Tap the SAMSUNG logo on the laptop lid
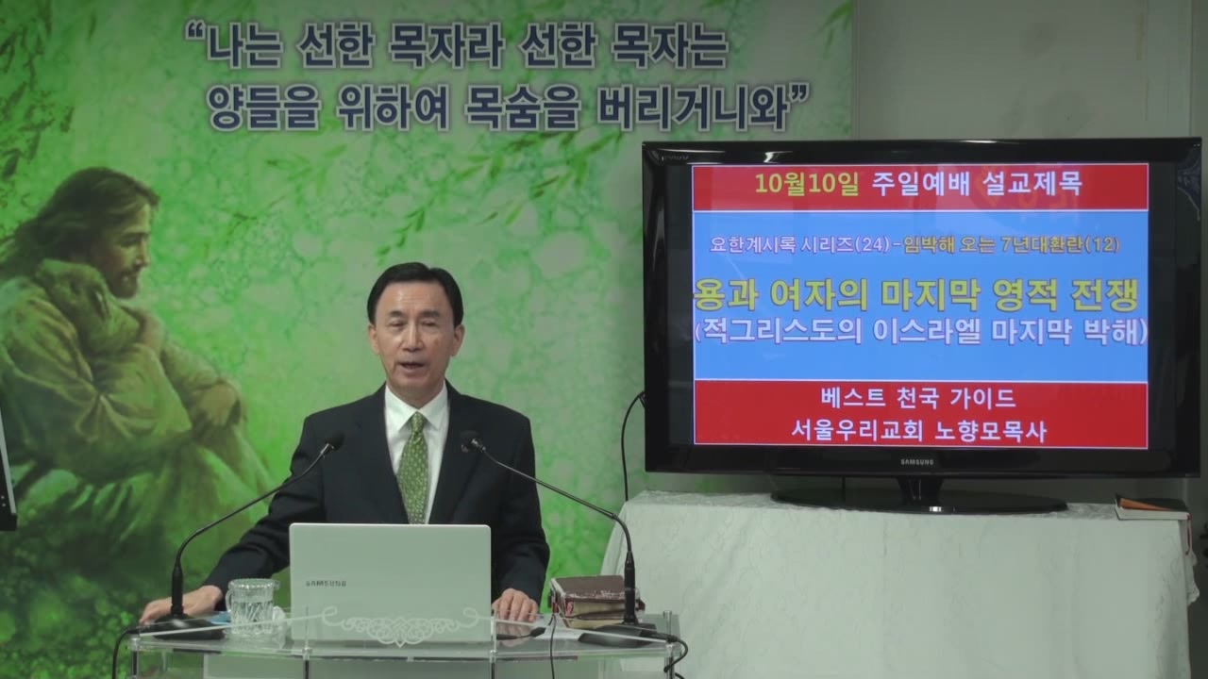pos(326,583)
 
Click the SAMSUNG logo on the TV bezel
pos(916,462)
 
